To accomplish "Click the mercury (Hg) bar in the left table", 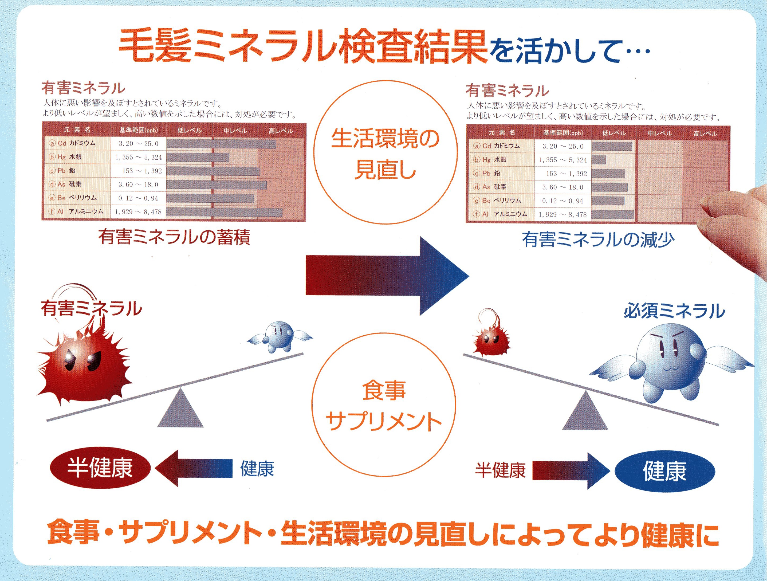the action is coord(198,158).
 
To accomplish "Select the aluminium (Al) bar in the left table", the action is coord(224,212).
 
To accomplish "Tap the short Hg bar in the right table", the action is coord(599,160).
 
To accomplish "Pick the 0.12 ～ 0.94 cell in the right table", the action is coord(563,201).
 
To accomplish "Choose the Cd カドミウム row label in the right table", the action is coord(497,146).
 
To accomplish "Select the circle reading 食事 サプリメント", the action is coord(384,405).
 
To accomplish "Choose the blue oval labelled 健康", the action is coord(665,471).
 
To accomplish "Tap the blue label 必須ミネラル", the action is coord(674,311).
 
